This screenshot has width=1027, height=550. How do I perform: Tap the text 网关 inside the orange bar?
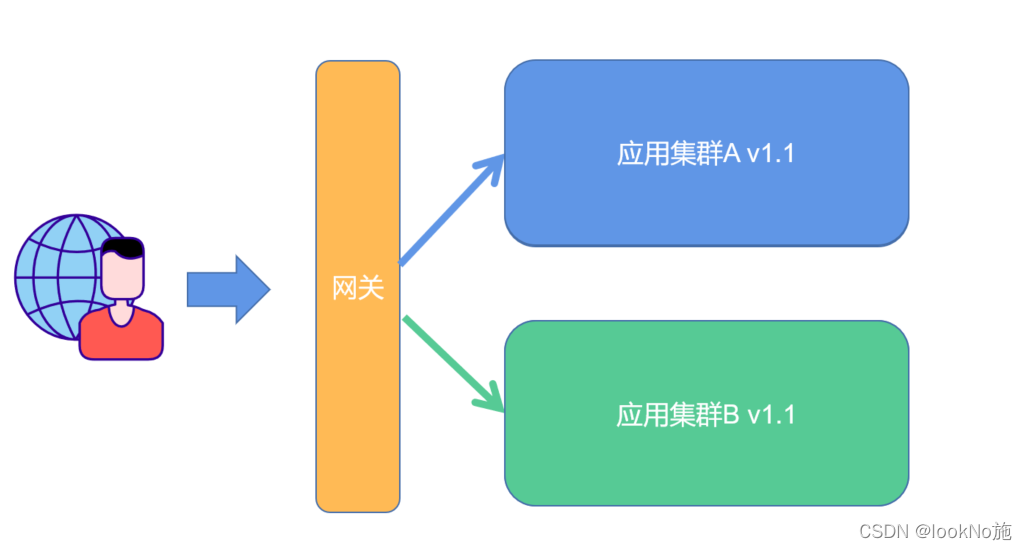point(357,289)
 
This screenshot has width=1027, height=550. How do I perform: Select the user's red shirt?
point(121,338)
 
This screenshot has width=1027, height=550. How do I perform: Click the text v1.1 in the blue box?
point(770,154)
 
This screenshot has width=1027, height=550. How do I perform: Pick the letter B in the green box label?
point(731,414)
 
